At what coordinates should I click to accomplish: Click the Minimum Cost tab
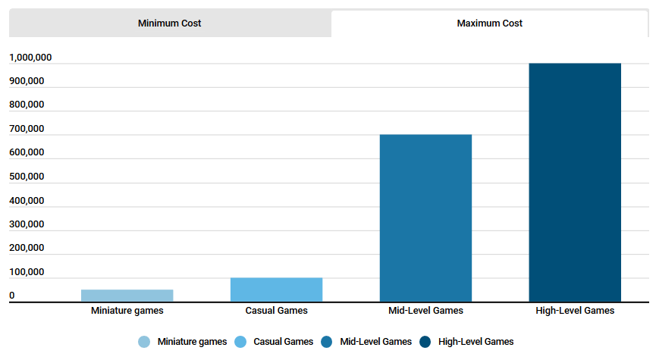tap(169, 23)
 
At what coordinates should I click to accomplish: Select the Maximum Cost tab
tap(489, 23)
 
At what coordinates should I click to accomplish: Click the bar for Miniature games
tap(127, 296)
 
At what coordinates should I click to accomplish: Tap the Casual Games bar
tap(276, 290)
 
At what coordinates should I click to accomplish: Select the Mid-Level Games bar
tap(425, 218)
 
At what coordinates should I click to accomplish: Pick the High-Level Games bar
tap(575, 183)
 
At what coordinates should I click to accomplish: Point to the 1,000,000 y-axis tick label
tap(30, 58)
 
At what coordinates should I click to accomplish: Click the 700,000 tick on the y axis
tap(27, 129)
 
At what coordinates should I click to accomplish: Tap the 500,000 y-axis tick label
tap(27, 177)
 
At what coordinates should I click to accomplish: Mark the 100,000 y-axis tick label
tap(27, 272)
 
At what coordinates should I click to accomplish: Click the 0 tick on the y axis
tap(12, 296)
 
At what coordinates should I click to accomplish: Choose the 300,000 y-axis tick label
tap(27, 224)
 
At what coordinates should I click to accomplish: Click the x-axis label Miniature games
tap(127, 311)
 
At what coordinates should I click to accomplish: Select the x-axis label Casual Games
tap(276, 311)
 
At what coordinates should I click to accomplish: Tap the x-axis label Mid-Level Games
tap(425, 311)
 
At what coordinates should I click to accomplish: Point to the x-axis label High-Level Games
tap(575, 311)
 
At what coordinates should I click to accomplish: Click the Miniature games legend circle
tap(144, 342)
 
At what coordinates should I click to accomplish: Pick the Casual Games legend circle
tap(240, 342)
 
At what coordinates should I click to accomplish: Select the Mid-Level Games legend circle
tap(327, 342)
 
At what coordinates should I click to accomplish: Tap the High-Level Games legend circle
tap(425, 342)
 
